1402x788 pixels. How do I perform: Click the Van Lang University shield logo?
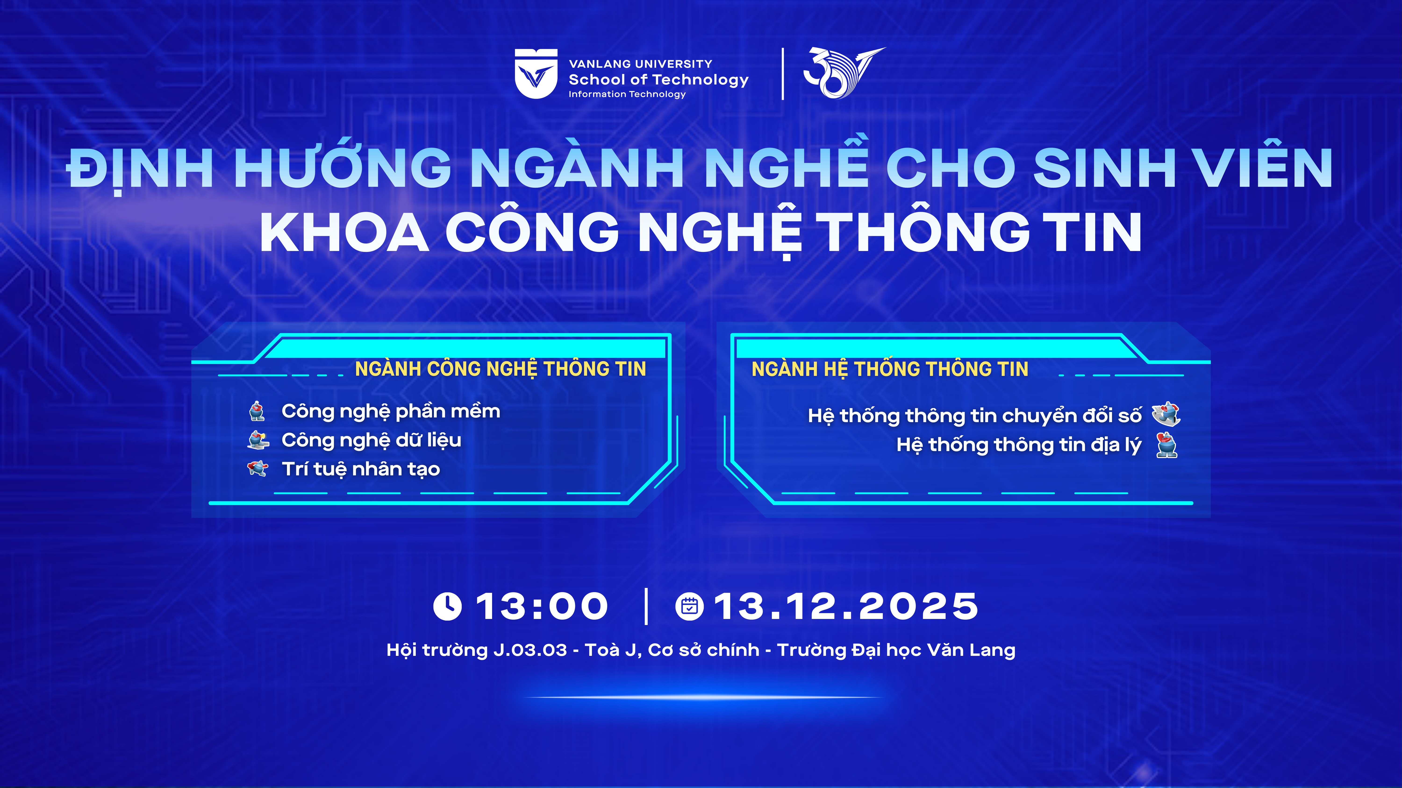coord(536,74)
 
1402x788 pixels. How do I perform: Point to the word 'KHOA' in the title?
coord(344,232)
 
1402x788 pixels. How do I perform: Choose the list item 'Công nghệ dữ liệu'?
coord(371,441)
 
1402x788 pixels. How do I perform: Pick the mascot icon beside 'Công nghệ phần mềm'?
coord(257,411)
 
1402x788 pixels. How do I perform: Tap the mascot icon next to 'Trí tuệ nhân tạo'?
coord(258,468)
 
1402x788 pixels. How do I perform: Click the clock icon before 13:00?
coord(447,606)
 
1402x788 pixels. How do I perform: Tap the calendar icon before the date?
coord(690,606)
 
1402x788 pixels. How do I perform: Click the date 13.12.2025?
coord(846,606)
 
